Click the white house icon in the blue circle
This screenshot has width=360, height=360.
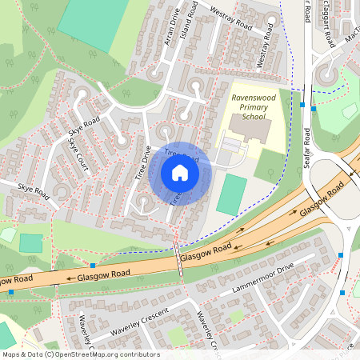(180, 173)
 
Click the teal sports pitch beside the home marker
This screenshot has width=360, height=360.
(232, 194)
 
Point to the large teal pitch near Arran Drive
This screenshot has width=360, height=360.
(93, 22)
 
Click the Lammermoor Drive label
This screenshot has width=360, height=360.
(263, 278)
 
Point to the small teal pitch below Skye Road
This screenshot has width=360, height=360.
(31, 243)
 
